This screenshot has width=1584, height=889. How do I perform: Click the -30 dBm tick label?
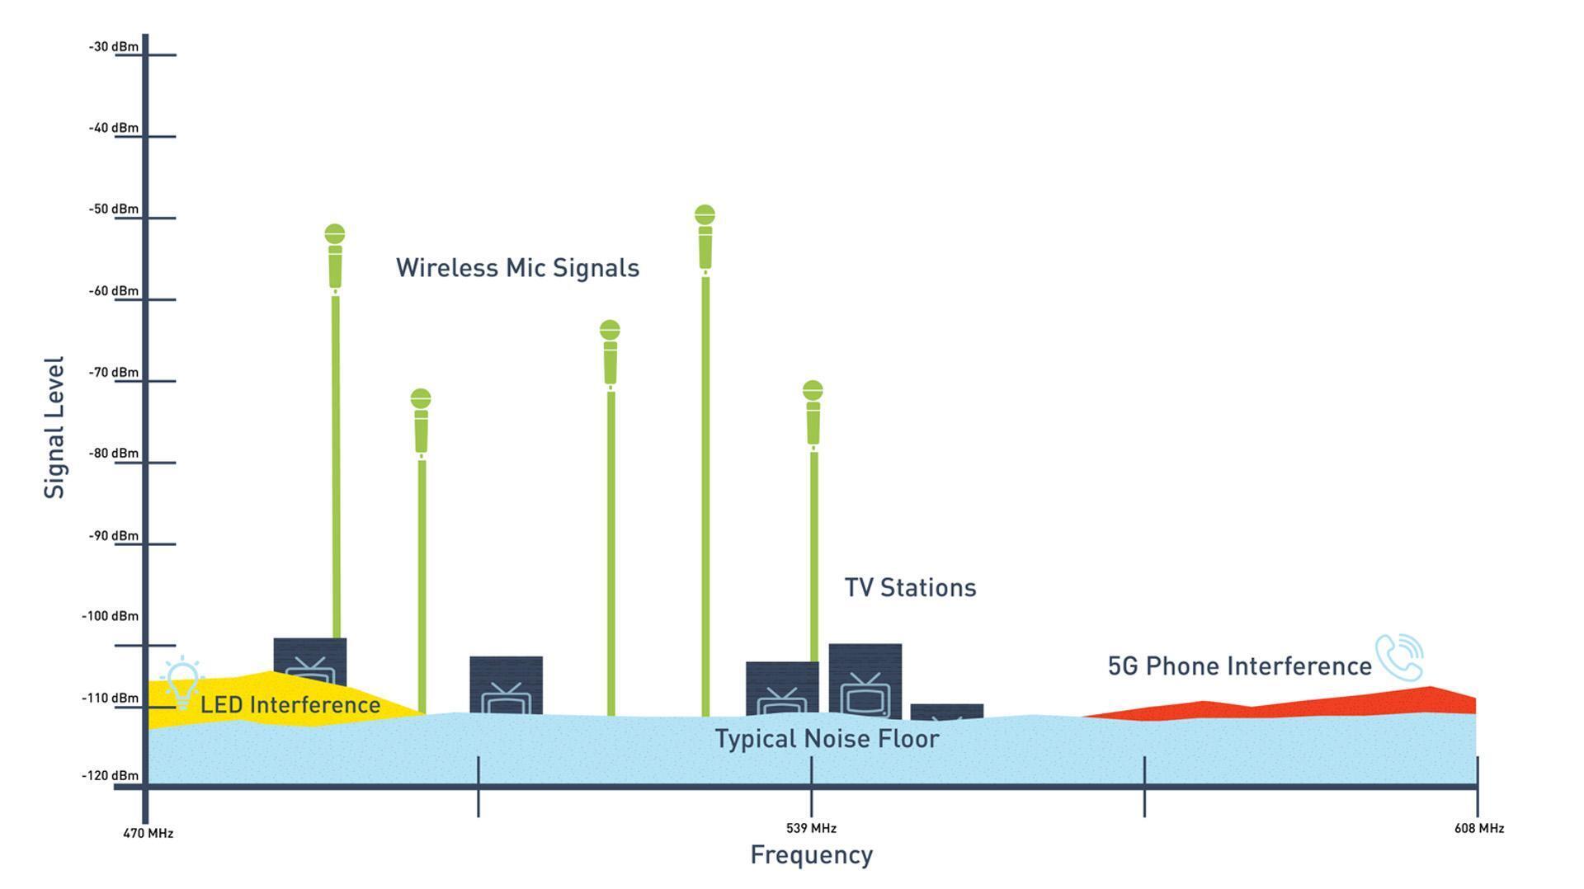coord(114,47)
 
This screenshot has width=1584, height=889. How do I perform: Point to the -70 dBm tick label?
coord(114,373)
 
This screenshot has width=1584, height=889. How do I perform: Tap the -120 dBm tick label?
coord(111,776)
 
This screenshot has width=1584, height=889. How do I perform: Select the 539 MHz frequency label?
coord(811,828)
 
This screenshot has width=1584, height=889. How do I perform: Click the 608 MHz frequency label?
coord(1479,828)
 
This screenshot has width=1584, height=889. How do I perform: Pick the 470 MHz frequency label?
coord(148,833)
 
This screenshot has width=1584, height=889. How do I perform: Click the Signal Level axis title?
coord(54,427)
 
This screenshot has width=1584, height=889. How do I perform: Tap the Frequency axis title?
coord(811,855)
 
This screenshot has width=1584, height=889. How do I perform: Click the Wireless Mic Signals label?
coord(517,268)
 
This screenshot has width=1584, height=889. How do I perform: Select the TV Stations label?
coord(910,588)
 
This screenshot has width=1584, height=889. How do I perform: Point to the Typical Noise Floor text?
coord(827,739)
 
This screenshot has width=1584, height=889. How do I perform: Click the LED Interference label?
coord(290,705)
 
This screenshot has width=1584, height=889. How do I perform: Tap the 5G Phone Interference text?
coord(1239,666)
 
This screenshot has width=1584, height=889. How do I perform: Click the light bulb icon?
coord(182,684)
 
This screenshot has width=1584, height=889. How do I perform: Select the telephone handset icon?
coord(1399,657)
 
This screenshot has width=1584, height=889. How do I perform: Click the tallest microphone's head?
coord(705,215)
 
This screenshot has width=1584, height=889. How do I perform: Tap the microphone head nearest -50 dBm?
coord(705,215)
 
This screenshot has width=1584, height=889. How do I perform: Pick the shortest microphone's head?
coord(421,399)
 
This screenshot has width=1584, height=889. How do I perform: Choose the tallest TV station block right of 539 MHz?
coord(865,680)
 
